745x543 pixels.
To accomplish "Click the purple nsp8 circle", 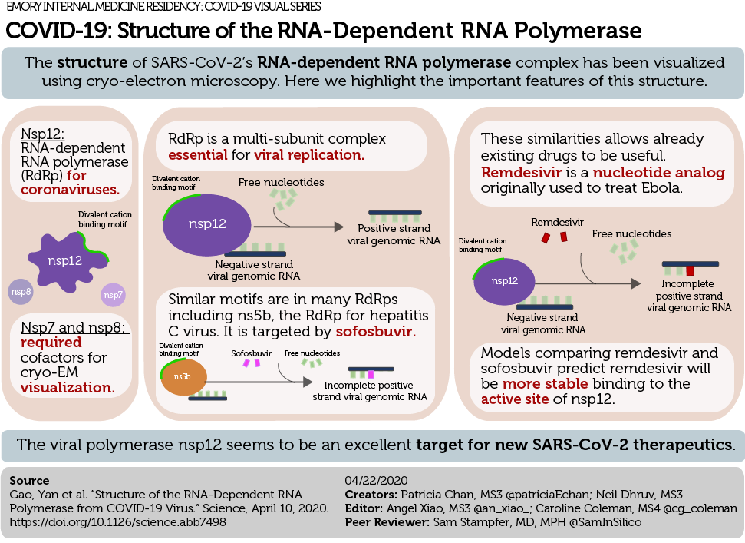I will click(20, 291).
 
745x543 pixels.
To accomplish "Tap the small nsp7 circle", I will click(114, 295).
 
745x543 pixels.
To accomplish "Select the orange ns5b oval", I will click(182, 376).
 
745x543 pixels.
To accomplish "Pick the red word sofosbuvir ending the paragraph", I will click(375, 333).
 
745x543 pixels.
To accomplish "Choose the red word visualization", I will click(68, 387).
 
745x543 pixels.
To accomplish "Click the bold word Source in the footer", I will click(31, 480).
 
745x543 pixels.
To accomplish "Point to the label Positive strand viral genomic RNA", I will click(394, 234).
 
